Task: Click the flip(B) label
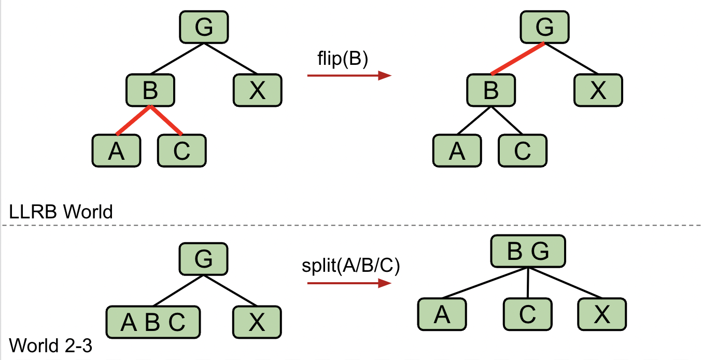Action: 342,60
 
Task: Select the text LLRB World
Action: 61,212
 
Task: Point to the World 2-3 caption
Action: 51,345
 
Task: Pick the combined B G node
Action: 528,252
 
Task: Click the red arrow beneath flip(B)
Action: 348,76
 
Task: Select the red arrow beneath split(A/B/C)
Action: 348,283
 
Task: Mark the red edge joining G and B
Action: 517,59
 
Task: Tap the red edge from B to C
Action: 166,120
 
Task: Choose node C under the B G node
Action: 527,314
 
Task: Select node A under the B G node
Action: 442,314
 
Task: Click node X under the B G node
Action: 602,314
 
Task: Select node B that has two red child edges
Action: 150,91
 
